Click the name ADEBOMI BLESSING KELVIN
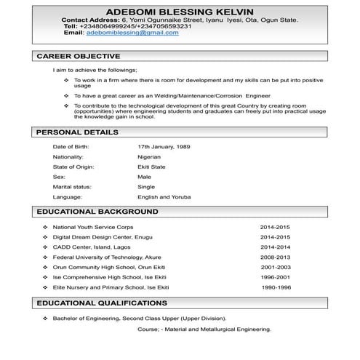click(179, 11)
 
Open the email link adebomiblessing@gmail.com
click(132, 33)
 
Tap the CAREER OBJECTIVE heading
click(78, 56)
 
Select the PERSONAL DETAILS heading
click(77, 132)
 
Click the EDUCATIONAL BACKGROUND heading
click(97, 212)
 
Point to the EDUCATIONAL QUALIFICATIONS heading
click(102, 303)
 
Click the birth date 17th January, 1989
click(164, 147)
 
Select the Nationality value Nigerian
click(149, 156)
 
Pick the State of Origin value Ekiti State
click(152, 167)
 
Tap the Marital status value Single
click(146, 187)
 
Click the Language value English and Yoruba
click(164, 197)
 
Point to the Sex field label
click(59, 177)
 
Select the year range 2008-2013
click(275, 257)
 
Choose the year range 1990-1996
click(276, 287)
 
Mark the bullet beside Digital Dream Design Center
click(45, 238)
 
